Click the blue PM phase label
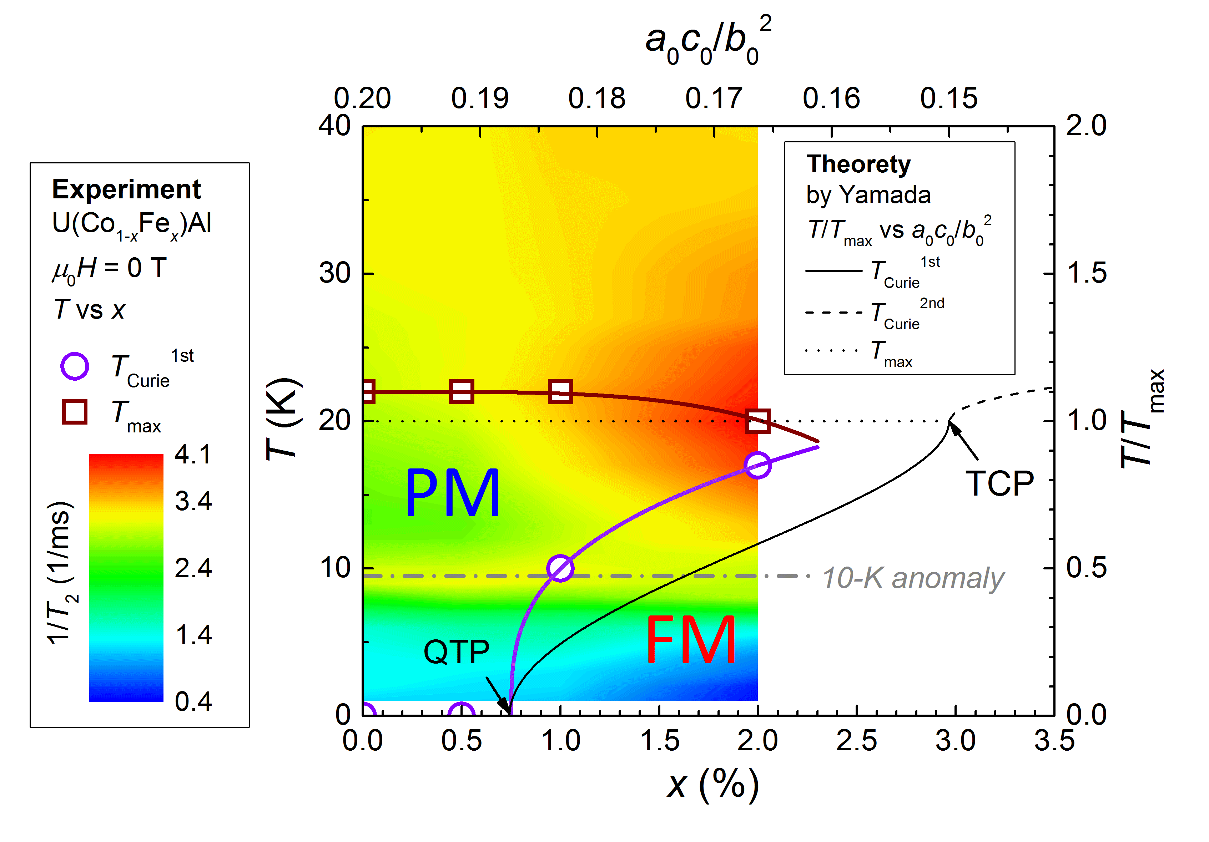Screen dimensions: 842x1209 tap(452, 493)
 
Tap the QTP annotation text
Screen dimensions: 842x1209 tap(457, 652)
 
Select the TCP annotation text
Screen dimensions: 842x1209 tap(999, 484)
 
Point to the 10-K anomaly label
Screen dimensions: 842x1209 tap(912, 578)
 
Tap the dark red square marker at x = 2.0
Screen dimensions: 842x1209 tap(758, 421)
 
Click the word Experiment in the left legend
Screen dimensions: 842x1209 tap(126, 189)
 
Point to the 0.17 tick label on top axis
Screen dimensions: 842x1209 tap(714, 98)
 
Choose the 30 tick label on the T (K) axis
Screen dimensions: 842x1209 tap(334, 273)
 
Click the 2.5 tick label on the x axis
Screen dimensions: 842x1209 tap(856, 740)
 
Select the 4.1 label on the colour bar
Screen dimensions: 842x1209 tap(193, 454)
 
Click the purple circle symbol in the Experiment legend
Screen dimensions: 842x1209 tap(75, 366)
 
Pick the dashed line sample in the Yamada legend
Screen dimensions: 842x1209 tap(833, 313)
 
